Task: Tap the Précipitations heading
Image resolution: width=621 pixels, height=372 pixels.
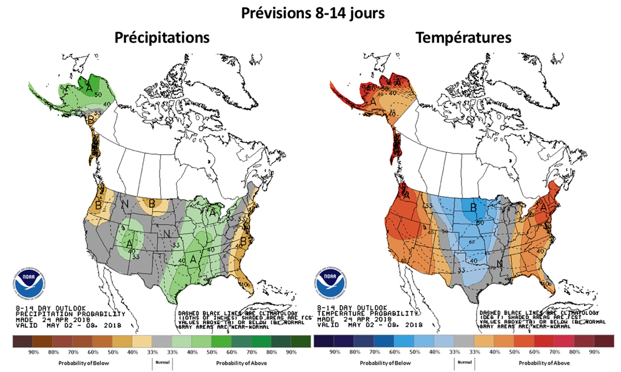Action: [x=163, y=38]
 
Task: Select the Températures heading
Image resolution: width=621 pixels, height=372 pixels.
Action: [x=463, y=38]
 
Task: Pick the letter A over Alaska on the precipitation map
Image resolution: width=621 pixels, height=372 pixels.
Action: [x=90, y=89]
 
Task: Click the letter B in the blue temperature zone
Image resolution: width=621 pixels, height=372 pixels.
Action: [x=473, y=210]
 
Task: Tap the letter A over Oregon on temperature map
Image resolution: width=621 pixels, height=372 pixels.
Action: [x=406, y=195]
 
